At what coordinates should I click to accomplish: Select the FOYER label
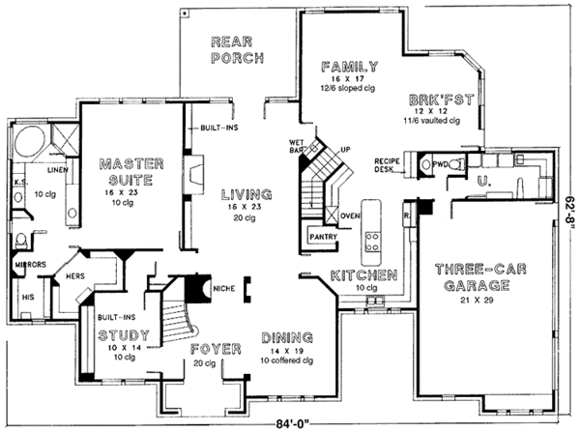click(x=214, y=348)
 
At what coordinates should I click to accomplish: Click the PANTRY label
click(x=322, y=235)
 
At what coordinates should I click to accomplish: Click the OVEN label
click(x=349, y=215)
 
